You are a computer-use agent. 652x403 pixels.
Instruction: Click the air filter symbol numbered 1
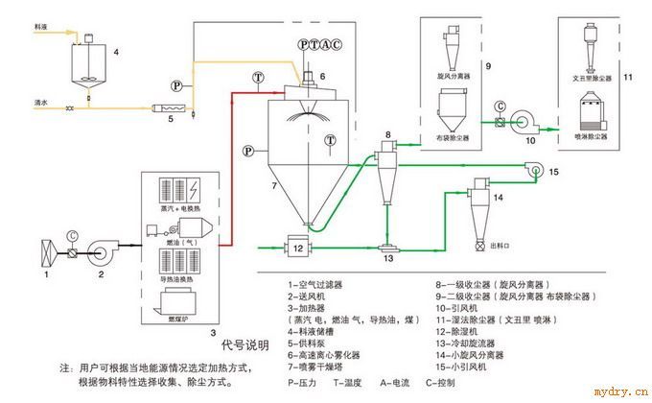[42, 256]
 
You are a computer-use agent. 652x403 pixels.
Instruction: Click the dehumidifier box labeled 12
[298, 248]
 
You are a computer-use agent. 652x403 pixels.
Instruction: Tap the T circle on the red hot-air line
[258, 76]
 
